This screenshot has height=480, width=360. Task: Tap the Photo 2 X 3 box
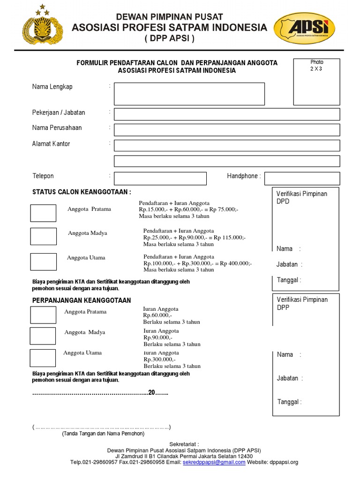316,82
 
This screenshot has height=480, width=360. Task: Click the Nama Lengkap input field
189,94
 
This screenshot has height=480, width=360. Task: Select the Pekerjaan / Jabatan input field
227,114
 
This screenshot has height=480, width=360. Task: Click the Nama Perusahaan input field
227,129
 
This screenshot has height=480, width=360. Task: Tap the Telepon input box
160,179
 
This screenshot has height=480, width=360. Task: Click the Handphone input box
302,179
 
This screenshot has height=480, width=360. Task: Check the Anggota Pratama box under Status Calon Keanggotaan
43,213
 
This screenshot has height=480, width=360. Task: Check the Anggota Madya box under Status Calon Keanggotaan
43,236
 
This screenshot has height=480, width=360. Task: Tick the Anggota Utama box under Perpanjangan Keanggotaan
43,358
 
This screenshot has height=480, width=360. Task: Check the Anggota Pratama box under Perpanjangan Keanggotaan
43,315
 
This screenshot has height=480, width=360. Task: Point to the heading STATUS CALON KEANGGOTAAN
82,192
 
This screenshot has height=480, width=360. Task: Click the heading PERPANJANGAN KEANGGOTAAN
82,300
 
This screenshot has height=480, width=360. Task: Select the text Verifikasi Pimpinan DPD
301,197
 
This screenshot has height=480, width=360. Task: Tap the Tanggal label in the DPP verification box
289,402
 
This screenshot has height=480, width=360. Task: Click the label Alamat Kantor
51,144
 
